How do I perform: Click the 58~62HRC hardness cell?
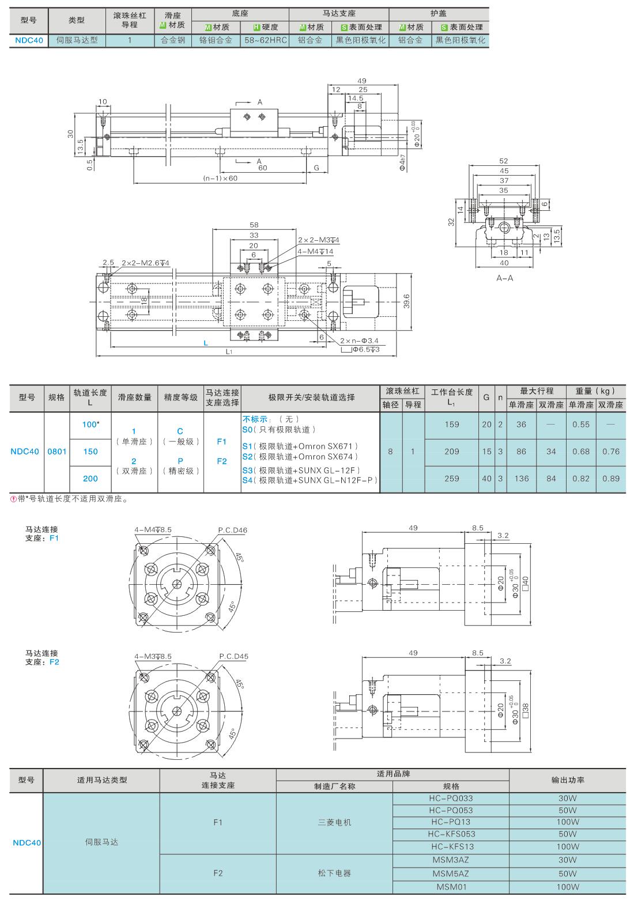click(x=265, y=40)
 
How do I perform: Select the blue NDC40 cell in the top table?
click(x=29, y=40)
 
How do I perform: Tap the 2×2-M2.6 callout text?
click(x=145, y=263)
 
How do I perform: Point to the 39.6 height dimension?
click(x=406, y=301)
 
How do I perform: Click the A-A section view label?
click(x=504, y=278)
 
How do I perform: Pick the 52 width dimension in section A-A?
click(x=504, y=161)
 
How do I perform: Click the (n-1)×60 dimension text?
click(x=220, y=178)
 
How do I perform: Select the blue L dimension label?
click(x=206, y=343)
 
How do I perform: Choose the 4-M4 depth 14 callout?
click(x=315, y=252)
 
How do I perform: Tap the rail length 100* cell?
click(x=90, y=425)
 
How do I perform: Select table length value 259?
click(x=452, y=479)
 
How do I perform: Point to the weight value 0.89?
click(x=610, y=479)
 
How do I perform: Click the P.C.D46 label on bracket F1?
click(x=233, y=531)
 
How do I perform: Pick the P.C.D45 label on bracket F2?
click(x=233, y=656)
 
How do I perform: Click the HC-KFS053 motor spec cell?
click(x=451, y=834)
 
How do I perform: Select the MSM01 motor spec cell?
click(x=451, y=887)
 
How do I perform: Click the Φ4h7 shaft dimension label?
click(x=402, y=162)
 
